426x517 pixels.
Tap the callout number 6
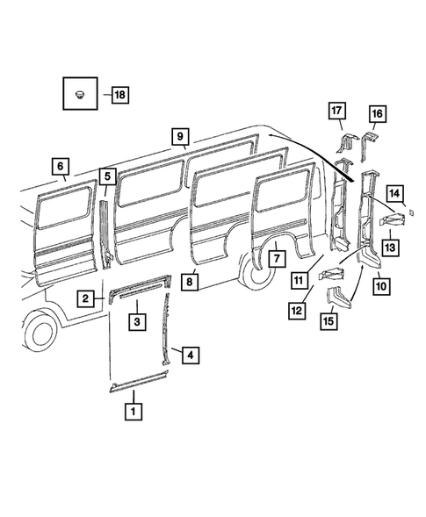(x=60, y=166)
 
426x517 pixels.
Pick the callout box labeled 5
(x=107, y=176)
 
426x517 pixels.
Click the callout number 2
(x=86, y=298)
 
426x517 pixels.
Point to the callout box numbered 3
(x=138, y=322)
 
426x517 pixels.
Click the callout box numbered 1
(x=134, y=409)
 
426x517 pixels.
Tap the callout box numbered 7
(x=274, y=259)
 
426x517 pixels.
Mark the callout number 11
(x=300, y=280)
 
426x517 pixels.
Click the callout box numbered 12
(x=298, y=309)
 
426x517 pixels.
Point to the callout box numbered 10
(x=380, y=283)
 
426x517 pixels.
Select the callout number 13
(x=389, y=248)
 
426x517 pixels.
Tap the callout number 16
(x=376, y=113)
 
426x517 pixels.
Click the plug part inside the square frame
(x=81, y=93)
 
